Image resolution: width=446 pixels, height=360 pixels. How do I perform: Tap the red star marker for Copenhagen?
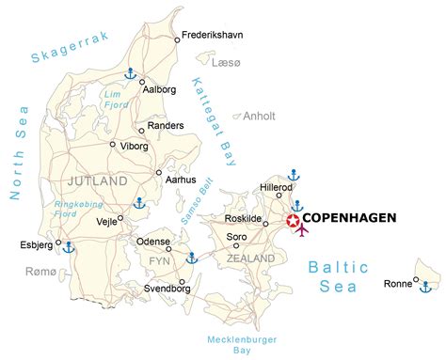point(293,222)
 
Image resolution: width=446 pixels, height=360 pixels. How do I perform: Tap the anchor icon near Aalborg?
point(132,72)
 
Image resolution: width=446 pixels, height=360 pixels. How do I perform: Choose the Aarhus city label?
point(180,179)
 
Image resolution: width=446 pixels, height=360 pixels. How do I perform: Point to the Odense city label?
point(153,242)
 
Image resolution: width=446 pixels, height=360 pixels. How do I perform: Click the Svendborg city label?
point(165,290)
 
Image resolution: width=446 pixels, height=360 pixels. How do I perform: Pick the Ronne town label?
point(399,283)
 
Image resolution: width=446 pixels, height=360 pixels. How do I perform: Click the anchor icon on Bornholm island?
point(426,286)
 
